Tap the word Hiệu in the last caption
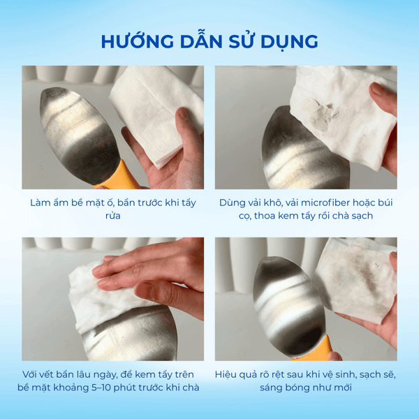click(228, 374)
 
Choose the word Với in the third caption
click(31, 374)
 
